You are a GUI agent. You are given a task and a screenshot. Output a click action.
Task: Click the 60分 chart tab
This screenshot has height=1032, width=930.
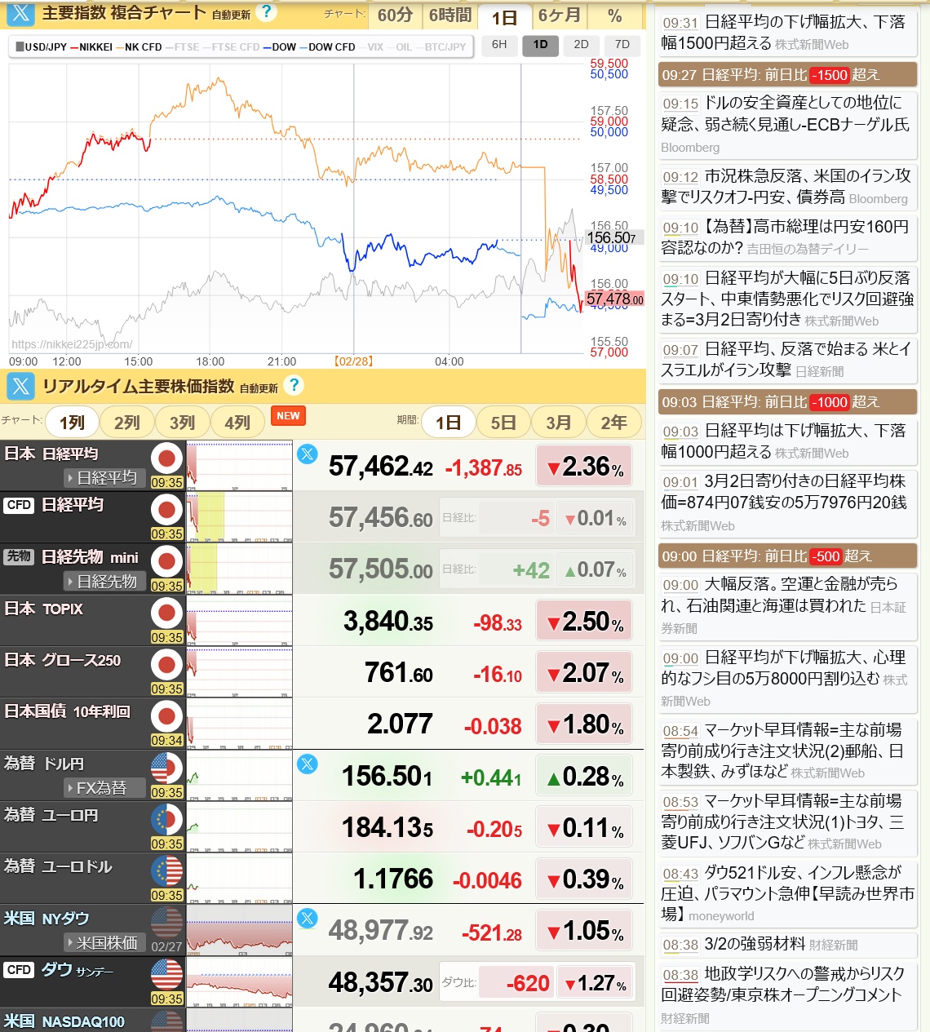tap(395, 16)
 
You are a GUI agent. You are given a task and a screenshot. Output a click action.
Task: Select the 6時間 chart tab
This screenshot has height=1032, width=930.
tap(449, 16)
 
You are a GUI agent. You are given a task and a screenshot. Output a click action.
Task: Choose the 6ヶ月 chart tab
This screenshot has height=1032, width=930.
tap(559, 16)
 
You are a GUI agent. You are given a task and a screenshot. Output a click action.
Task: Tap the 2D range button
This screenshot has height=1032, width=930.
tap(581, 45)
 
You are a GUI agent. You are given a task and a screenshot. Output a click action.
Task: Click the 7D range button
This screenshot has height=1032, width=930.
tap(622, 45)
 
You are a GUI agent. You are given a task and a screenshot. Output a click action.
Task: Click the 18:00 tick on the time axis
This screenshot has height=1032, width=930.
tap(210, 361)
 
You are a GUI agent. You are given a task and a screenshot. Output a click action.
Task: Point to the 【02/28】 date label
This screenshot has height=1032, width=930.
tap(353, 361)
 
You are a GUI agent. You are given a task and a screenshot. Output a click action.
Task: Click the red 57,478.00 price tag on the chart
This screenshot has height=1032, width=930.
tap(614, 299)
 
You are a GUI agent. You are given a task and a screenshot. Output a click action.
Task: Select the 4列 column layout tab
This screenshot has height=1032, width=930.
tap(237, 423)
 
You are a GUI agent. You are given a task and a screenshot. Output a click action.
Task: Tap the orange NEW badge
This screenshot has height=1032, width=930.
tap(288, 416)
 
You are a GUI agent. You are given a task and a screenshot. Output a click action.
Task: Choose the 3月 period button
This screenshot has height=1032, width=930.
tap(558, 423)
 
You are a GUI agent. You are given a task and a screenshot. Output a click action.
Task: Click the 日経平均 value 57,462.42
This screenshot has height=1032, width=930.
tap(380, 467)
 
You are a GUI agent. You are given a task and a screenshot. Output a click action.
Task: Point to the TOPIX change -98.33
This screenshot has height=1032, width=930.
tap(498, 624)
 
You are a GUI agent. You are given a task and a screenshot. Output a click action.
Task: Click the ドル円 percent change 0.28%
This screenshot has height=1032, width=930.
tap(584, 777)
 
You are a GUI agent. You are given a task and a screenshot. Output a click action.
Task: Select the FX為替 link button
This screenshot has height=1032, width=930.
tap(103, 788)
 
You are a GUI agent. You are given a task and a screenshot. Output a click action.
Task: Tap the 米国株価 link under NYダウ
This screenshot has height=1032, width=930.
tap(105, 943)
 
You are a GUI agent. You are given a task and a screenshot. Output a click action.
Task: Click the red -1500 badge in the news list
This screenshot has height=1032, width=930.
tap(829, 75)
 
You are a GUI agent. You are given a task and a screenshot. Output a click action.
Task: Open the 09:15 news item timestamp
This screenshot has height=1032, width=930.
tap(680, 104)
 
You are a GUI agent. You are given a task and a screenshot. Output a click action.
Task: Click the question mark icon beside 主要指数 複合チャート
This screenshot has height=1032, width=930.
tap(265, 12)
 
